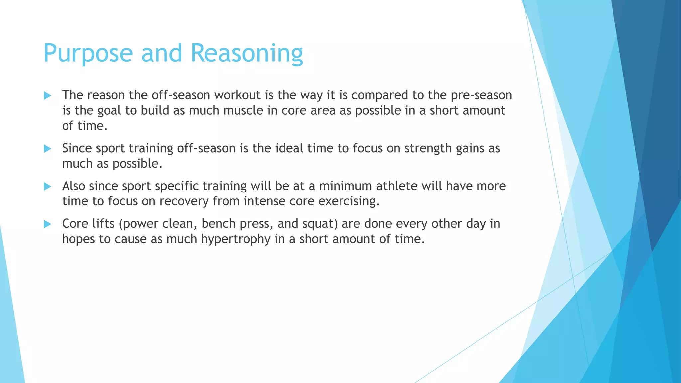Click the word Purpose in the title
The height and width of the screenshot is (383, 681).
coord(88,53)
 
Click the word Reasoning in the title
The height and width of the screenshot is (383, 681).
coord(246,53)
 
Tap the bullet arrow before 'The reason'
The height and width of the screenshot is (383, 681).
coord(47,96)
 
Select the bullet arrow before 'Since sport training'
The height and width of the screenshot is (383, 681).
coord(47,149)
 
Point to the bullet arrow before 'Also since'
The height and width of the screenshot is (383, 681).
coord(47,187)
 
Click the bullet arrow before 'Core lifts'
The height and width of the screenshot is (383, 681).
coord(47,224)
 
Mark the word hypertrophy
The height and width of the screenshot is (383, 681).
coord(235,239)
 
